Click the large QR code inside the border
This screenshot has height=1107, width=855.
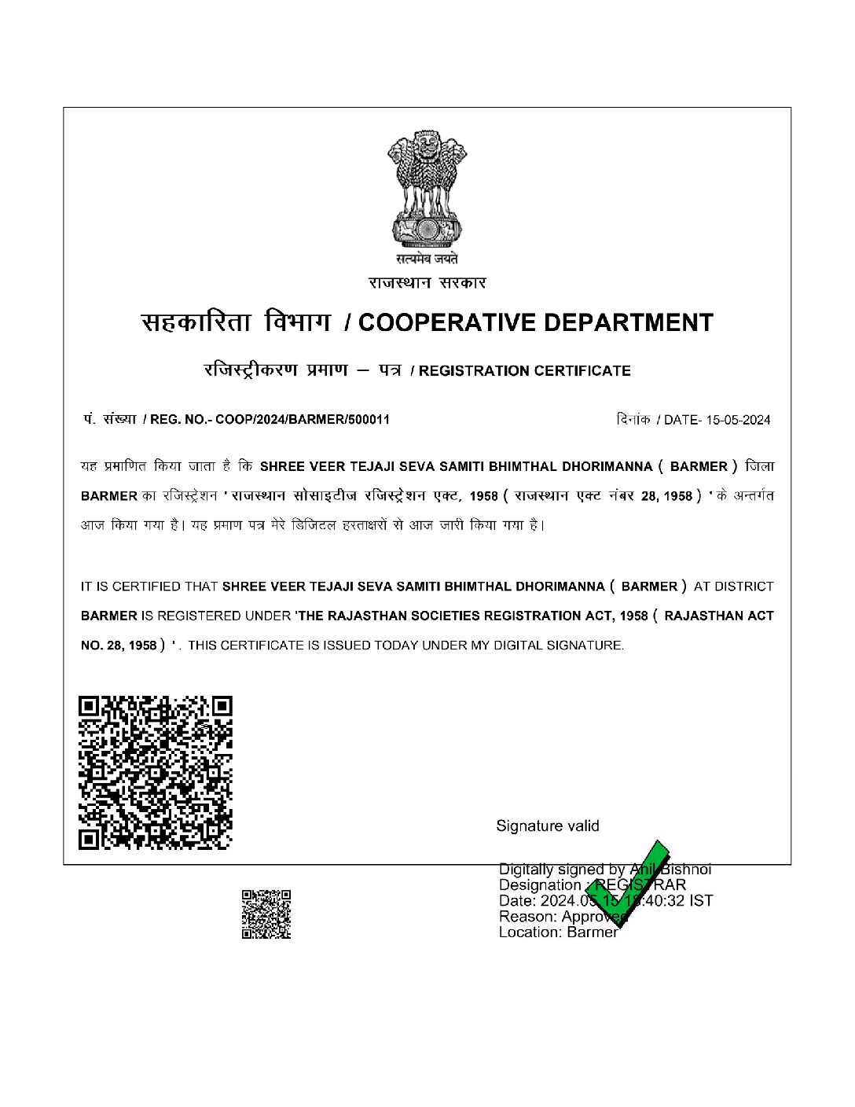[156, 772]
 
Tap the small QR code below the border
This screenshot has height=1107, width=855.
[266, 914]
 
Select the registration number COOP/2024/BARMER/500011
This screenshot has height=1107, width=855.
[303, 419]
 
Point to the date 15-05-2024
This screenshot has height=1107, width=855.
[738, 420]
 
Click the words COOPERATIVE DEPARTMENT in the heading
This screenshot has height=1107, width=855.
[535, 322]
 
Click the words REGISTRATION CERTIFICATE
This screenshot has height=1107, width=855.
[525, 371]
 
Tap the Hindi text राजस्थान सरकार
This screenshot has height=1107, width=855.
[427, 283]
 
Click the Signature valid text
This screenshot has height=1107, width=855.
[548, 826]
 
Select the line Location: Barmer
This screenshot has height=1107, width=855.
[558, 932]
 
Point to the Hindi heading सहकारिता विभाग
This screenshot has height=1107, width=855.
[235, 322]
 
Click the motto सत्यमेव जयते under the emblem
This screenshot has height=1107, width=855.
[427, 259]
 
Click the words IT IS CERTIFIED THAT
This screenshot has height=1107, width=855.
[149, 587]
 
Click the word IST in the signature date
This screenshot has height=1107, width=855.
[701, 901]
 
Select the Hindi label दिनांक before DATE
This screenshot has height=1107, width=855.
[633, 420]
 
